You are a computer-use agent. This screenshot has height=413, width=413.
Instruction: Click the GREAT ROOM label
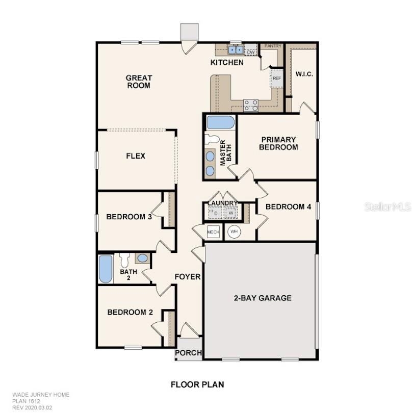[x=139, y=82]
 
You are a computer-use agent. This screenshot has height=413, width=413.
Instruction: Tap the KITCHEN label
[x=227, y=63]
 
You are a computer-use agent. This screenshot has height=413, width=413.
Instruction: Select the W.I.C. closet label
[x=304, y=74]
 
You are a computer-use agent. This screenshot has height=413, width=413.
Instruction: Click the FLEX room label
[x=136, y=156]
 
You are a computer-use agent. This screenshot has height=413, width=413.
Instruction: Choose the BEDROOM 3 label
[x=129, y=217]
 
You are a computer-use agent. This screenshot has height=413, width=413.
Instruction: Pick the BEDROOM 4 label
[x=288, y=206]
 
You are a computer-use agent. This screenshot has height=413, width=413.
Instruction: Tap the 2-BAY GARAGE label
[x=263, y=298]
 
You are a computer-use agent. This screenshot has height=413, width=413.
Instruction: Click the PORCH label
[x=189, y=353]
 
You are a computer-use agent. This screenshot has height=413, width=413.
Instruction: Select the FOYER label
[x=188, y=277]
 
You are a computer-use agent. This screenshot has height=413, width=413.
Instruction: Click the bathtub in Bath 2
[x=105, y=269]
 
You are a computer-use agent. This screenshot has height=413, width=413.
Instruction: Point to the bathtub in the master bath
[x=221, y=122]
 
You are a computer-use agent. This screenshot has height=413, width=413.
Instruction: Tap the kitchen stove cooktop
[x=250, y=105]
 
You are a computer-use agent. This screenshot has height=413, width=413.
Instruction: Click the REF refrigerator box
[x=277, y=79]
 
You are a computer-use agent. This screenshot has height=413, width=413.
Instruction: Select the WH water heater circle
[x=234, y=232]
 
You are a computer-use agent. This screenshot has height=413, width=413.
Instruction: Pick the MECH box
[x=213, y=232]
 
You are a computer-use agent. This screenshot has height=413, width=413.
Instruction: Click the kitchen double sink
[x=236, y=50]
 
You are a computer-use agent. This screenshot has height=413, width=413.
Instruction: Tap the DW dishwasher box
[x=251, y=51]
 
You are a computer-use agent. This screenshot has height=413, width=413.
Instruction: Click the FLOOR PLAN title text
[x=197, y=384]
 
